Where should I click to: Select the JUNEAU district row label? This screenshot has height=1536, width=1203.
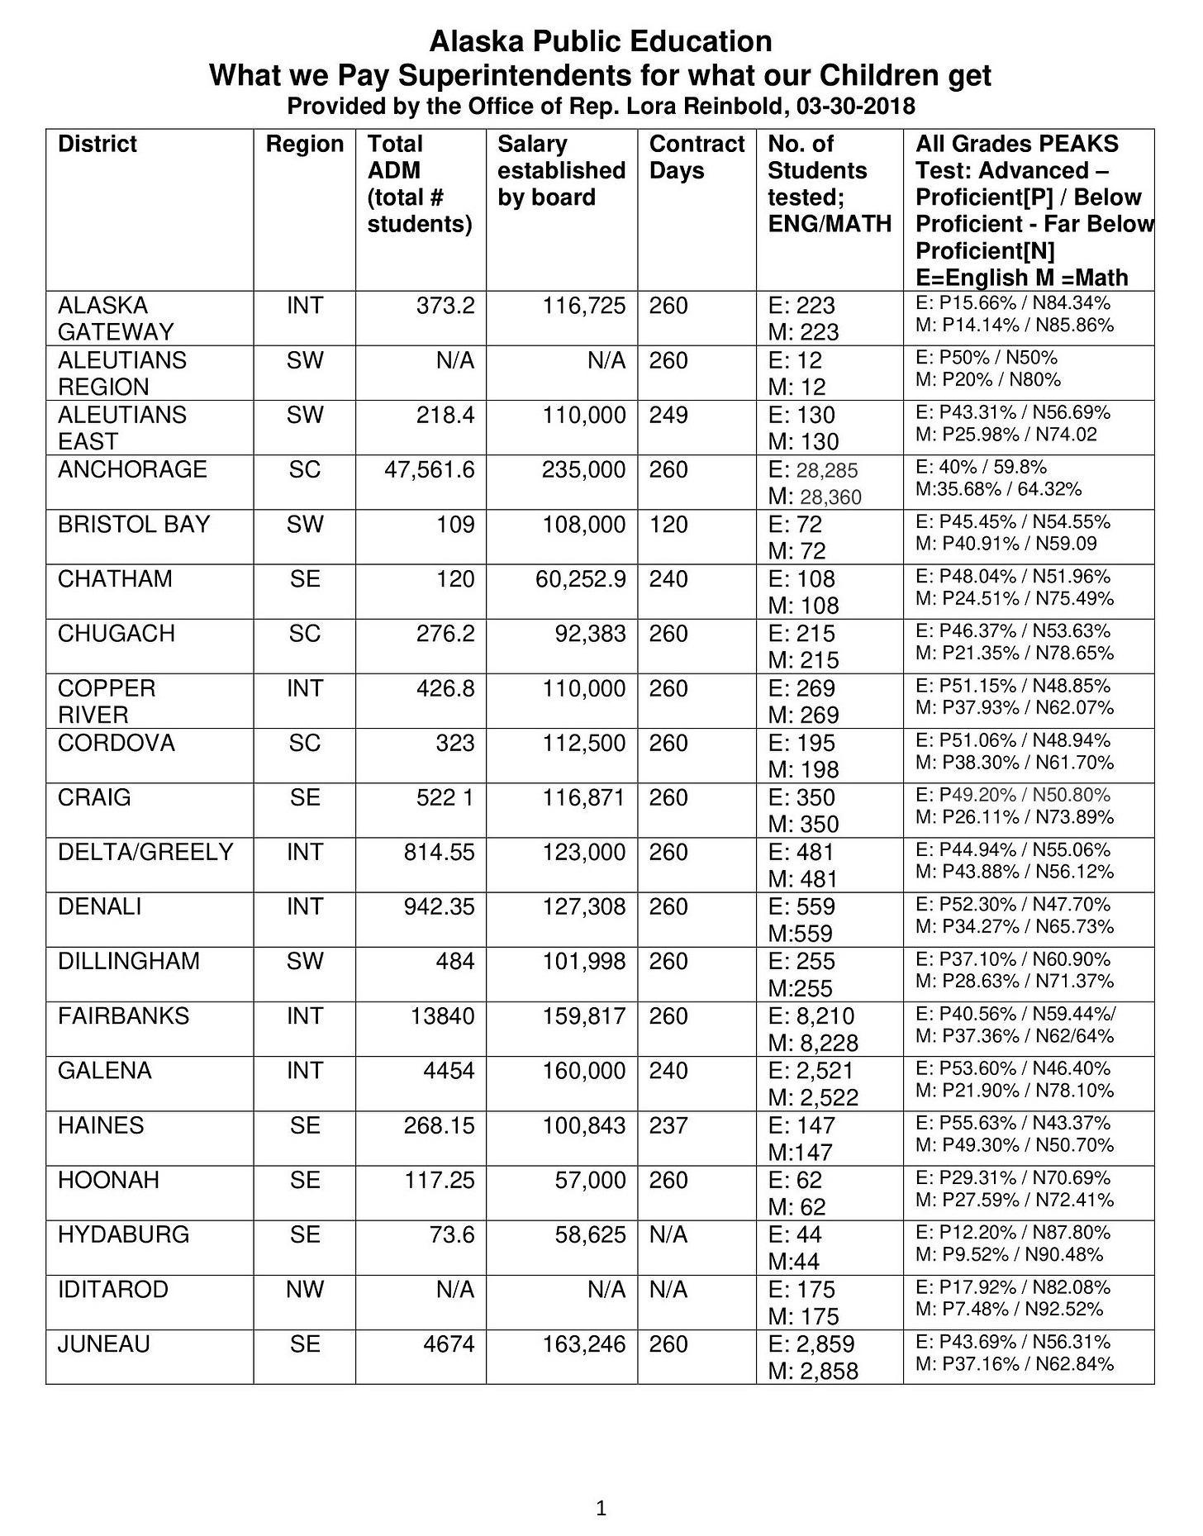coord(104,1344)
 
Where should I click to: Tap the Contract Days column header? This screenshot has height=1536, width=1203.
coord(697,157)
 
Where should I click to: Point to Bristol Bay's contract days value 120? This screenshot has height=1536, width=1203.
coord(668,524)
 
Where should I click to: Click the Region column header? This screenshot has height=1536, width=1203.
coord(304,144)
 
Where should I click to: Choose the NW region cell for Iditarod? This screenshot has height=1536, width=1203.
coord(304,1289)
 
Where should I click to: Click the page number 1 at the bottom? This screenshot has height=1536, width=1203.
coord(601,1509)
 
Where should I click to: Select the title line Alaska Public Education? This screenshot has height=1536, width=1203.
coord(601,41)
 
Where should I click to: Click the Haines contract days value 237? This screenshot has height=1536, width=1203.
coord(668,1125)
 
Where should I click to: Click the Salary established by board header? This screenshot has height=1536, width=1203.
coord(561,170)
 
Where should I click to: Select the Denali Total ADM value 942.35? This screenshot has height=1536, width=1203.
coord(439,906)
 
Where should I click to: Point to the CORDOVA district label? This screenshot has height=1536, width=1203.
coord(116,743)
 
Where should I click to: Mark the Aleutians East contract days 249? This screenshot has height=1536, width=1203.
coord(668,415)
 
